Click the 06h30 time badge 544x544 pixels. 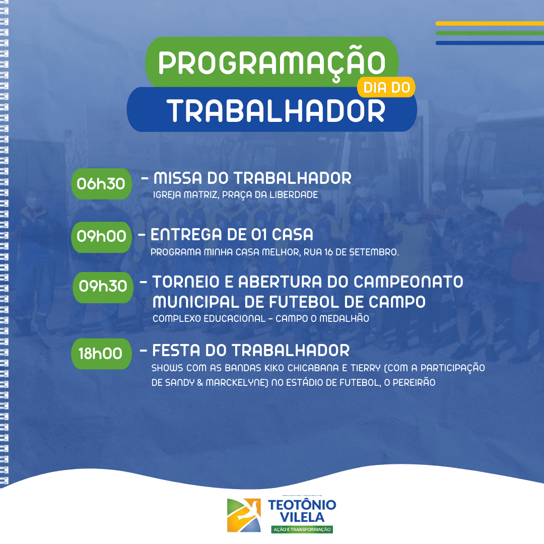[x=101, y=183]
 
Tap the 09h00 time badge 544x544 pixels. [x=101, y=237]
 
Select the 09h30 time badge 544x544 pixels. [x=103, y=287]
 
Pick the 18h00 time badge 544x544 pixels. [x=101, y=354]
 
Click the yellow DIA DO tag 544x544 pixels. [x=386, y=87]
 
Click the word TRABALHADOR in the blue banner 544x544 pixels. [x=276, y=111]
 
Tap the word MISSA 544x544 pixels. [x=178, y=178]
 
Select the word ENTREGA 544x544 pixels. [x=186, y=235]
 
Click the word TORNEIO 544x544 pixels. [x=186, y=282]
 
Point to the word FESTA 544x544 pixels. [x=176, y=351]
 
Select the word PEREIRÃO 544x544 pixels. [x=414, y=383]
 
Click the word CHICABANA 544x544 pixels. [x=313, y=368]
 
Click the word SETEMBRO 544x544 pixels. [x=374, y=252]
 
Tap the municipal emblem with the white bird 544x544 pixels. [x=244, y=515]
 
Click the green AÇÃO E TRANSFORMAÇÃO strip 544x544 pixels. [x=302, y=529]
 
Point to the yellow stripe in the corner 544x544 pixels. [x=490, y=24]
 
